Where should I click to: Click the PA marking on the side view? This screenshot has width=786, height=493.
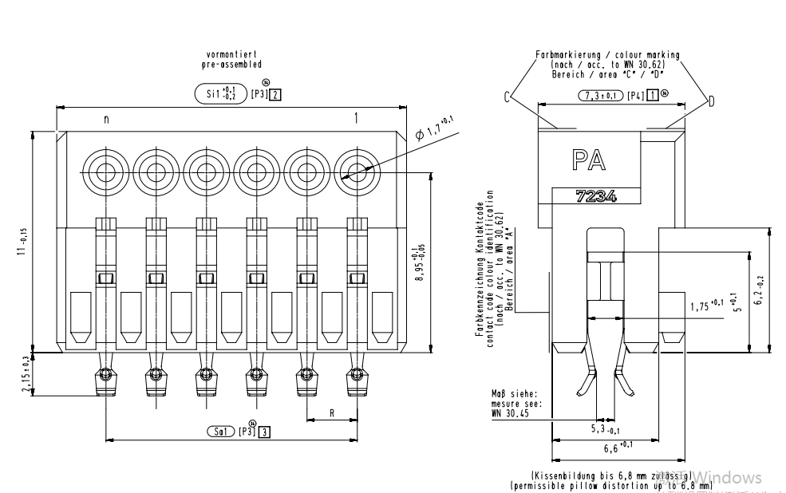point(588,160)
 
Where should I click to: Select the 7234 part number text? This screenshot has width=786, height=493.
point(596,196)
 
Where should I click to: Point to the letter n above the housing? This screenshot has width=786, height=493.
point(105,119)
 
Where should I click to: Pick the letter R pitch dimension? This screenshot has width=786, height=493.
point(332,413)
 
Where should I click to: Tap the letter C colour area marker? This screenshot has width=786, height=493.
point(507,97)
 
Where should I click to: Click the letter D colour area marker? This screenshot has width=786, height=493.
point(711,100)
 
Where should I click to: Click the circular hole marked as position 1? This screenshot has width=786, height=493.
point(355,168)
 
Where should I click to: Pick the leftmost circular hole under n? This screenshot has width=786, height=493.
point(105,168)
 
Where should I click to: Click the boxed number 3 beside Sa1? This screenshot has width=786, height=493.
point(264,432)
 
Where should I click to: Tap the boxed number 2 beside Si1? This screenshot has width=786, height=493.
point(275,94)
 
